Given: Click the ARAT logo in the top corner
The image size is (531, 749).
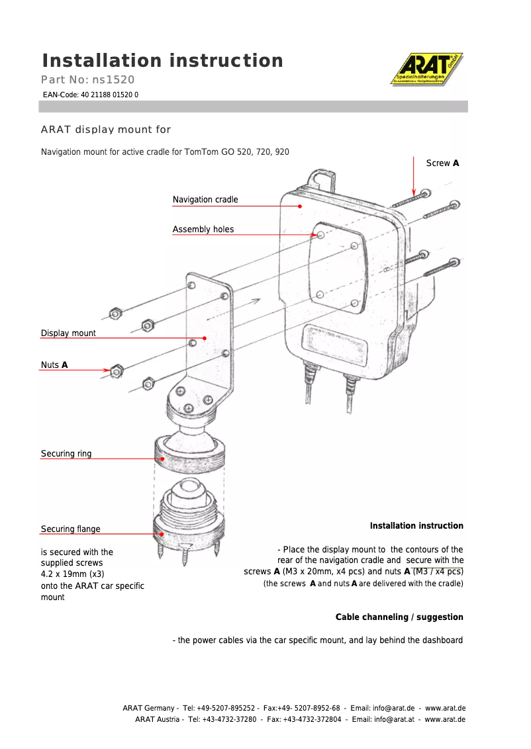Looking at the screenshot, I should tap(426, 69).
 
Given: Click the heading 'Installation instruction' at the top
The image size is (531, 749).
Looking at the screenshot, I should tap(162, 61).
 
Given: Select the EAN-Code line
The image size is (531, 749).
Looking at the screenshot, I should tap(91, 95).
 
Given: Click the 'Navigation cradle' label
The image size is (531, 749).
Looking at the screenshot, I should tap(205, 200).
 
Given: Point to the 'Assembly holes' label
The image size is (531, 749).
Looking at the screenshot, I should tap(203, 230).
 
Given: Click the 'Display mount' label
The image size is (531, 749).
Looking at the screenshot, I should tap(68, 333).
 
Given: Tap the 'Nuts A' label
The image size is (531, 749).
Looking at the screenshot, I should tap(54, 365).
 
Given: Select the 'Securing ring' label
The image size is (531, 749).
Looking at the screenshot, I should tap(66, 454).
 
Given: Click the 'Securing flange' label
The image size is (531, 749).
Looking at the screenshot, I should tap(71, 529).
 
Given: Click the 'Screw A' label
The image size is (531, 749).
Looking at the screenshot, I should tap(442, 163).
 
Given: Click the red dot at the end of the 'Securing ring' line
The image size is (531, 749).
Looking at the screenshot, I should tap(162, 459).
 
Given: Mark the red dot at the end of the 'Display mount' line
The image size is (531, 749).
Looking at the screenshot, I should tap(205, 338).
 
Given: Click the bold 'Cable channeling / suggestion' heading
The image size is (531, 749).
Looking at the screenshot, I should tap(399, 617).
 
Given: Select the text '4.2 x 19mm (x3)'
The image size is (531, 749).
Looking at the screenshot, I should tap(73, 574).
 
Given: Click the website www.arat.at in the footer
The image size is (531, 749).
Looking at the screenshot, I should tap(445, 719).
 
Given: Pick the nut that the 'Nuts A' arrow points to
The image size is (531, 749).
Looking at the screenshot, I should tap(116, 371).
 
